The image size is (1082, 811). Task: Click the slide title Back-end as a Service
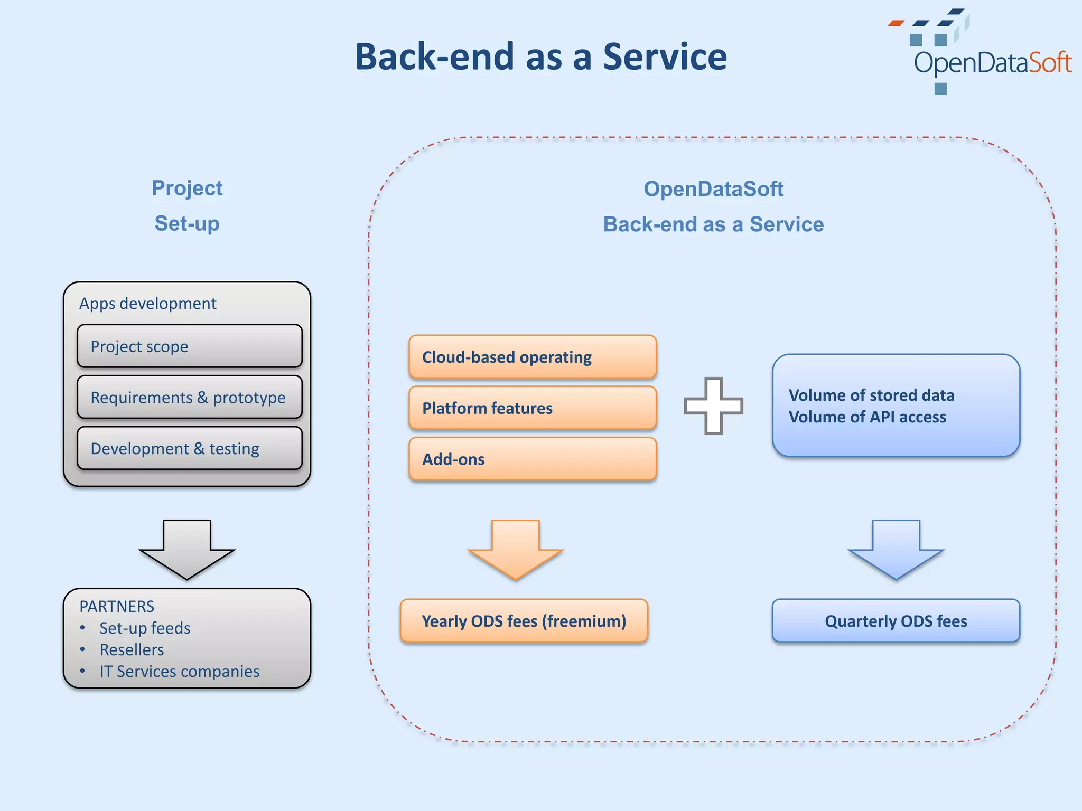coord(540,56)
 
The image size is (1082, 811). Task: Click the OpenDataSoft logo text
coord(992,63)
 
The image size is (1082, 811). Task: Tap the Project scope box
coord(189,346)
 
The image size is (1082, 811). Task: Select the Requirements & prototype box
coord(189,397)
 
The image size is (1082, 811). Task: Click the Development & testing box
coord(189,448)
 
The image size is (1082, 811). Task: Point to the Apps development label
coord(147,304)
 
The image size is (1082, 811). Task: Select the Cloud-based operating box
coord(532,357)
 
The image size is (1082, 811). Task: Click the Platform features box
coord(532,408)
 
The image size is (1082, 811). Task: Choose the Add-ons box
coord(532,459)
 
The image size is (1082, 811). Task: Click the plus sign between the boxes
coord(713,405)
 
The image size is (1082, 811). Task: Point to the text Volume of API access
coord(867,417)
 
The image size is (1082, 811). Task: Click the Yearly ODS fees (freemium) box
coord(524,621)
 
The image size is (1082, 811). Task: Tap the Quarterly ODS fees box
coord(896,621)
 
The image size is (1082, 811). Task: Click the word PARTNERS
coord(117,606)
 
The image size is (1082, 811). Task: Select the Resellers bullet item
coord(132,649)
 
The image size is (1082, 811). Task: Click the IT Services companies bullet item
coord(179,671)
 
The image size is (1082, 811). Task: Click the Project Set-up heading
coord(187,206)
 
